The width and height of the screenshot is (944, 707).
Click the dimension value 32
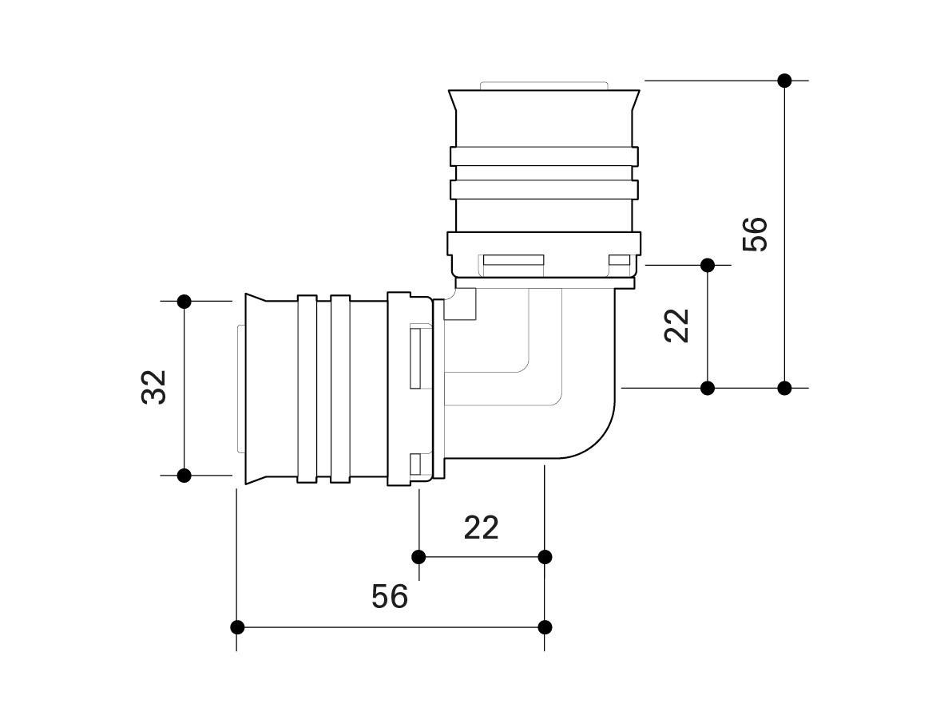pyautogui.click(x=153, y=388)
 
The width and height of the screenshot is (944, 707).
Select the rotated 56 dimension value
pyautogui.click(x=755, y=234)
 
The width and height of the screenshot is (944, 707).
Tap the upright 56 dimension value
pyautogui.click(x=390, y=596)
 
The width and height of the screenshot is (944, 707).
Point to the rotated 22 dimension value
pyautogui.click(x=676, y=326)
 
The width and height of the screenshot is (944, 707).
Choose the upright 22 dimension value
pyautogui.click(x=482, y=527)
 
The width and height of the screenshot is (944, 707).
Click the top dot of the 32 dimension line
pyautogui.click(x=184, y=302)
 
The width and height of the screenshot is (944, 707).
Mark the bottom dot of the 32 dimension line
pyautogui.click(x=184, y=476)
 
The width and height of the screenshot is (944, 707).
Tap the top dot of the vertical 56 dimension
pyautogui.click(x=784, y=80)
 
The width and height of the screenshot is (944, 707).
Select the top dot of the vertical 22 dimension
pyautogui.click(x=708, y=265)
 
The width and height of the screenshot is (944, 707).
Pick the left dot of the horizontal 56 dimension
pyautogui.click(x=237, y=627)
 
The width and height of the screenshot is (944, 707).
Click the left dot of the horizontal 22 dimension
pyautogui.click(x=419, y=556)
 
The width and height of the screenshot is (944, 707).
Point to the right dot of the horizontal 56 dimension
pyautogui.click(x=545, y=627)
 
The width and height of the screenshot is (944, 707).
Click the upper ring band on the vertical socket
pyautogui.click(x=544, y=156)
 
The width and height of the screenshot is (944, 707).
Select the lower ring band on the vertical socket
pyautogui.click(x=544, y=190)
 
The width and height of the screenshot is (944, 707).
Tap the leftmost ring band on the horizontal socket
pyautogui.click(x=307, y=389)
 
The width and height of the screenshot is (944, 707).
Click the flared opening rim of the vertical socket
pyautogui.click(x=544, y=100)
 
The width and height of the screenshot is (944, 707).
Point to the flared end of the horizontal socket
pyautogui.click(x=256, y=389)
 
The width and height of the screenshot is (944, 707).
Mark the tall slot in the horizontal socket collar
pyautogui.click(x=415, y=357)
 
